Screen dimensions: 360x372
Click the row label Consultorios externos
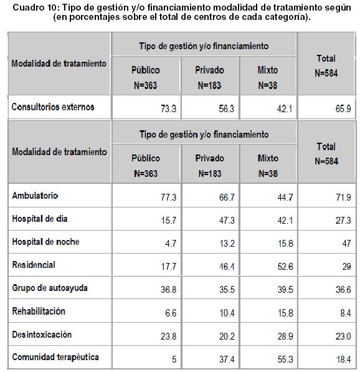(x=53, y=107)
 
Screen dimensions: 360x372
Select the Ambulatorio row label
(x=35, y=196)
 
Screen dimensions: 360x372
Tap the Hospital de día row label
(x=40, y=219)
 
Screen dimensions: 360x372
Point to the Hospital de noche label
(x=45, y=242)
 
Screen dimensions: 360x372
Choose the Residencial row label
(x=34, y=265)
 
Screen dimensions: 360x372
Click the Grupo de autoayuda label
(x=50, y=288)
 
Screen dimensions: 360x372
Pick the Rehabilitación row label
(x=39, y=312)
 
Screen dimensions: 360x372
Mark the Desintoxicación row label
(x=42, y=335)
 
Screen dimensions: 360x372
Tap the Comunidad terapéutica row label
(x=55, y=357)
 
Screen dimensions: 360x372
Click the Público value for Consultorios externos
(x=168, y=109)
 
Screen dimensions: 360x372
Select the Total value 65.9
(x=343, y=109)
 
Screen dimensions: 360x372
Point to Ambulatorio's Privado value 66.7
(x=227, y=198)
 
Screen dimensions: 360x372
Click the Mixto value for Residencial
(x=285, y=267)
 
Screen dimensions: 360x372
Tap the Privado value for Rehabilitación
(x=227, y=313)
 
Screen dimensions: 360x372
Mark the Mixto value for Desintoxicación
(x=285, y=336)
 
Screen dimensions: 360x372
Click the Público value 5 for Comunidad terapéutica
(x=174, y=359)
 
